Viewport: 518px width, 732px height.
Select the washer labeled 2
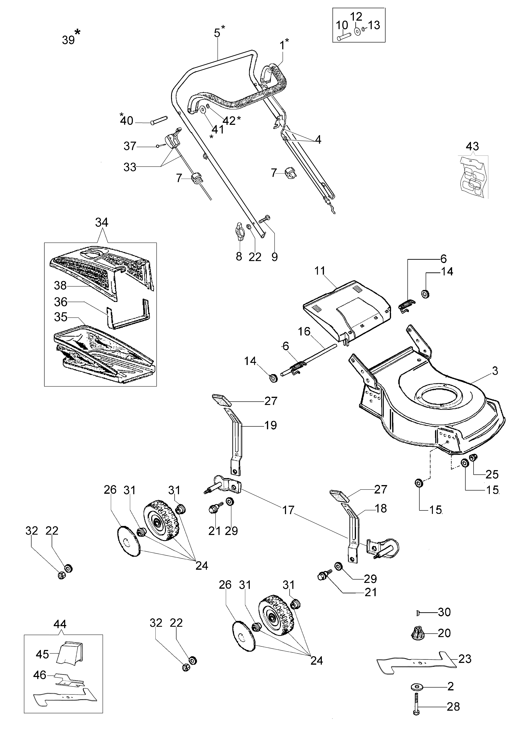tap(417, 686)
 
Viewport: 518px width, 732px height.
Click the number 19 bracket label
tap(270, 425)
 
